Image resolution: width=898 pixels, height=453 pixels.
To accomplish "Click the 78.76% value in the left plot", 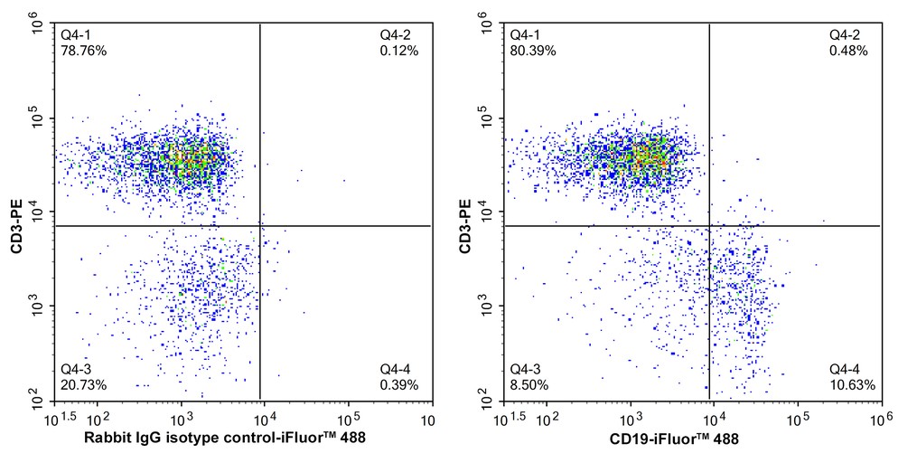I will click(x=83, y=51).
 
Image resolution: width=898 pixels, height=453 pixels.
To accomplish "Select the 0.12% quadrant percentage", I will click(x=398, y=51).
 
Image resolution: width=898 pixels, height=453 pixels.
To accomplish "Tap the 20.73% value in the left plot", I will click(x=83, y=385).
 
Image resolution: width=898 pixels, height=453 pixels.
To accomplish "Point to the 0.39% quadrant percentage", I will click(x=398, y=385).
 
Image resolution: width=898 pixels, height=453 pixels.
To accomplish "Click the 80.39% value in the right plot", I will click(x=533, y=51).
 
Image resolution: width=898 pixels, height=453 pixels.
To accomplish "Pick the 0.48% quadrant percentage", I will click(x=848, y=51).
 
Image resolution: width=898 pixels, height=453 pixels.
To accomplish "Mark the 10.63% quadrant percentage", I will click(x=848, y=385).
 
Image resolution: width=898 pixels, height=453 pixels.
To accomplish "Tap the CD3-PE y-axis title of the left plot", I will click(x=16, y=212).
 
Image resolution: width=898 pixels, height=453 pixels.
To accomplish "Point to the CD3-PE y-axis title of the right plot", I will click(x=466, y=212).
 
